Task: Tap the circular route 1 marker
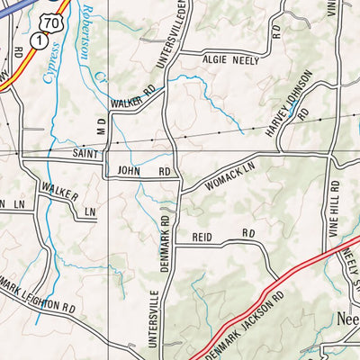(x=39, y=40)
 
